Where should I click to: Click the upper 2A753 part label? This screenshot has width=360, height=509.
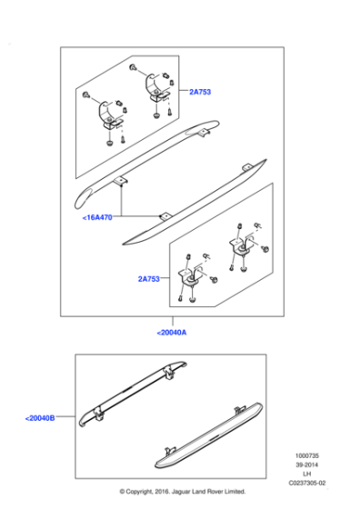(x=200, y=92)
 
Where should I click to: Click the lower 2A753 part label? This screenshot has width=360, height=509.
(x=149, y=279)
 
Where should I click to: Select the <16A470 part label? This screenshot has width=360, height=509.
(x=97, y=217)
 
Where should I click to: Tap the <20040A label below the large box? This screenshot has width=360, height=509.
(x=172, y=333)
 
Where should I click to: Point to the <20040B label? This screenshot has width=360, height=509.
(x=40, y=418)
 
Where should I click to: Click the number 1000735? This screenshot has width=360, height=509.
(x=306, y=455)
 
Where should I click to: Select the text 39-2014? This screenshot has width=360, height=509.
(x=306, y=464)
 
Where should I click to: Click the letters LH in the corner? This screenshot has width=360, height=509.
(x=306, y=474)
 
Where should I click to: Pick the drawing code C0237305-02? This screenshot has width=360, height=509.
(x=307, y=483)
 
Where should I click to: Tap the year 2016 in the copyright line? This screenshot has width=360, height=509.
(x=160, y=492)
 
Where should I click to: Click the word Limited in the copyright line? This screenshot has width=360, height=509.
(x=234, y=492)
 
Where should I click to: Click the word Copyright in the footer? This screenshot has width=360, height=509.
(x=140, y=492)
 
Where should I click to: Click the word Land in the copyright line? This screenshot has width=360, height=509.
(x=195, y=492)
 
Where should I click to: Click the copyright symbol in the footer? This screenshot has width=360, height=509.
(x=123, y=492)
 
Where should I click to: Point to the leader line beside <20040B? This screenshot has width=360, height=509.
(x=65, y=416)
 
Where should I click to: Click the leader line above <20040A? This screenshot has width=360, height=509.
(x=173, y=322)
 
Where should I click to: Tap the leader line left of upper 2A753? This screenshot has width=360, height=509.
(x=184, y=90)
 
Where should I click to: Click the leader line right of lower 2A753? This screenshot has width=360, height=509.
(x=165, y=278)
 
